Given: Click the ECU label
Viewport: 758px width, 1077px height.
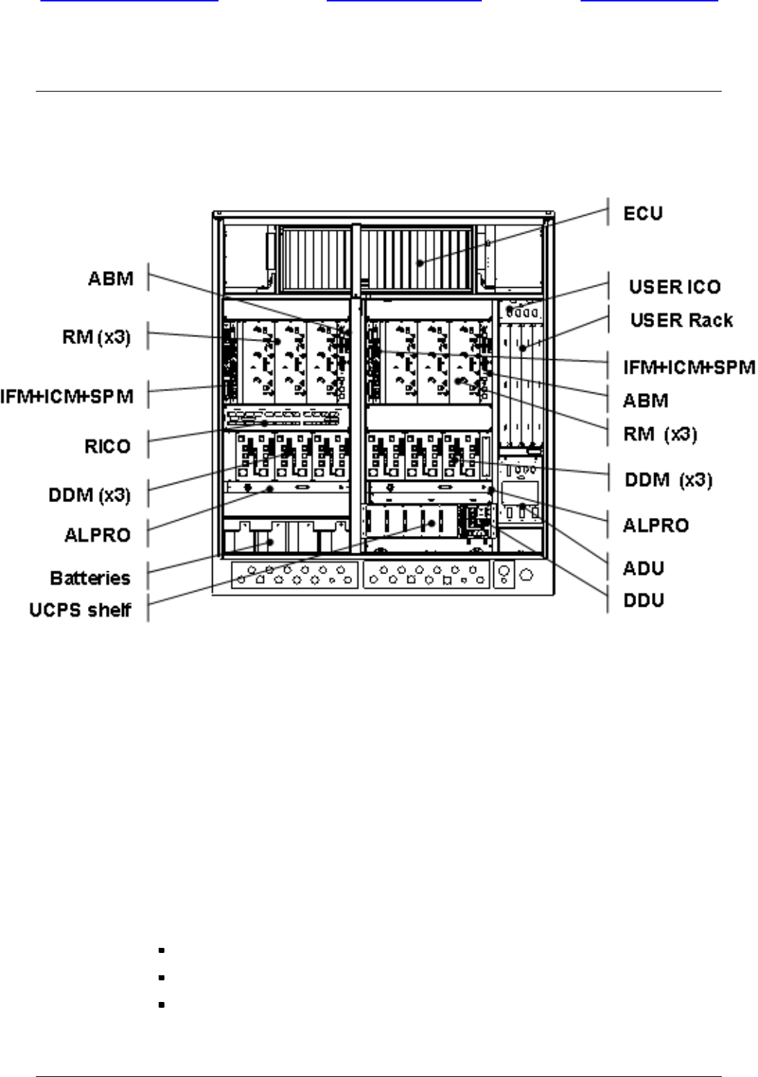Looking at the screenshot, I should click(x=643, y=214).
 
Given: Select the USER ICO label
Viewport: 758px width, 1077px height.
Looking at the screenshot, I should click(x=674, y=287).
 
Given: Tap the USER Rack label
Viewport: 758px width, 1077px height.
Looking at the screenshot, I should click(x=682, y=320).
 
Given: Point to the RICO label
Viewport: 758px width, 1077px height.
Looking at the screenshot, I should click(x=107, y=446).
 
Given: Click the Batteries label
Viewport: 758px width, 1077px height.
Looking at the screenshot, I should click(x=90, y=578).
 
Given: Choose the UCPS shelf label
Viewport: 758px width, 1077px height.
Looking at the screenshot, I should click(x=80, y=610).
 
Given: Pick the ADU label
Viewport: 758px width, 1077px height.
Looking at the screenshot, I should click(x=643, y=568).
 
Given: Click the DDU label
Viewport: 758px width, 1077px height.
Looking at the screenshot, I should click(x=643, y=600).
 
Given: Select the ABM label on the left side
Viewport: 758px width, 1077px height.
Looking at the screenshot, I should click(x=110, y=278).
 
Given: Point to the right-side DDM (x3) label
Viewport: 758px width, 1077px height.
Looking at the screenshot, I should click(x=668, y=480).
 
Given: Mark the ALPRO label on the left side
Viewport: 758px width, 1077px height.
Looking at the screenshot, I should click(x=97, y=535).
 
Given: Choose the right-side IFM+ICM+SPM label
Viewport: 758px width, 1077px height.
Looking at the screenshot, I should click(x=689, y=368).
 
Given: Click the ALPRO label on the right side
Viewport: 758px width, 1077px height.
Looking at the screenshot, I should click(x=656, y=524).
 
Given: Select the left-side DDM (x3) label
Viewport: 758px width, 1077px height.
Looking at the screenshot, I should click(x=90, y=495).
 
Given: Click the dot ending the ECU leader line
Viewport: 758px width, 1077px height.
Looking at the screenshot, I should click(x=420, y=263).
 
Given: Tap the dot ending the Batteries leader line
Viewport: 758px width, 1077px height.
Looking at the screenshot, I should click(x=271, y=542).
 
